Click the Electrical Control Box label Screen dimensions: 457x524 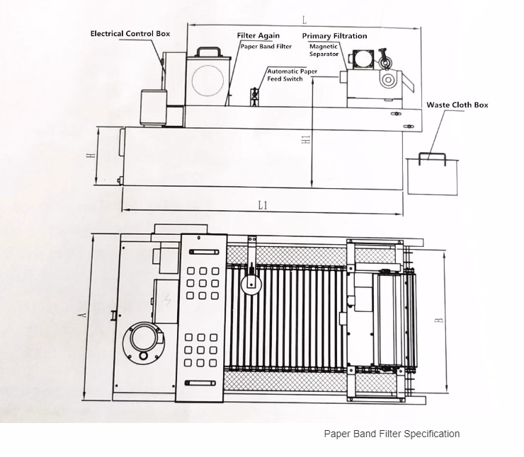130,33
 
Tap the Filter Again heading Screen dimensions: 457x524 258,35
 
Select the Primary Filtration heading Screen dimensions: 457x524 334,35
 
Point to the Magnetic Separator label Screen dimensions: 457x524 324,50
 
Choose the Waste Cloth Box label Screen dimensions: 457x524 457,105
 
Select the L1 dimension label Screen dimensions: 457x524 262,205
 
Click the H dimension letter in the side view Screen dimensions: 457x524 91,156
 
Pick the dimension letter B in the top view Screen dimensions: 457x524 439,320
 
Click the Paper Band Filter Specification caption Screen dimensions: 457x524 392,434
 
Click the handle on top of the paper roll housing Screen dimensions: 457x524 207,52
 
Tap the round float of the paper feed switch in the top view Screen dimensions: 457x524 250,285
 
